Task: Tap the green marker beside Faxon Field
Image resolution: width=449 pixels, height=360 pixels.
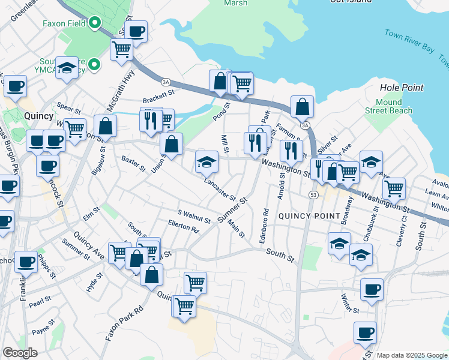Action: pos(95,25)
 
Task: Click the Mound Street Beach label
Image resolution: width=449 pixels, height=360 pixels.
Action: pos(388,106)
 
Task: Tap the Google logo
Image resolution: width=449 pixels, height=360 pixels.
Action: pos(20,353)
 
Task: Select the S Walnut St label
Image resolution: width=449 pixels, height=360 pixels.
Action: pos(194,216)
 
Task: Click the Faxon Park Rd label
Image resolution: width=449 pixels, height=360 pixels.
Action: pos(125,323)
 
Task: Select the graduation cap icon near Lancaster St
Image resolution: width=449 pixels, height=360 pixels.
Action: pos(206,161)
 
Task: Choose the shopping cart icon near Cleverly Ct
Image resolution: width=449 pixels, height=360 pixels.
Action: pos(394,188)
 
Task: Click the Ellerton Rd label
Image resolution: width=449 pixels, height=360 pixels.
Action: pos(183,228)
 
